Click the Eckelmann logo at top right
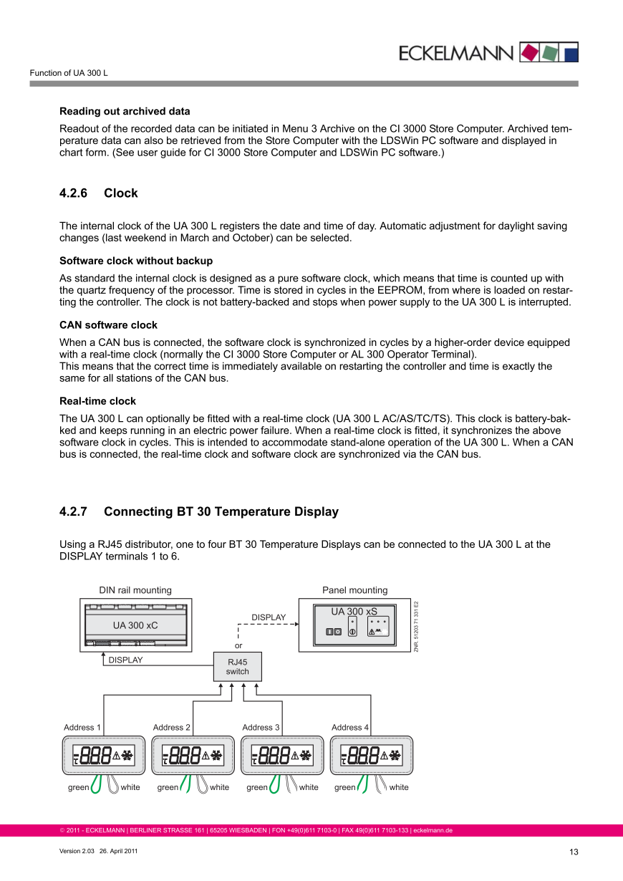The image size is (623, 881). point(488,52)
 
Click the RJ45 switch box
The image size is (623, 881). point(238,667)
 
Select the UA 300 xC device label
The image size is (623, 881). point(135,625)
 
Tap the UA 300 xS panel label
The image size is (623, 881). point(354,612)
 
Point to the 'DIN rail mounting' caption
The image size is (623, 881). point(135,590)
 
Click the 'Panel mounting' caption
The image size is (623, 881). point(354,590)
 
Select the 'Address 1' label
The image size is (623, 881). point(82,727)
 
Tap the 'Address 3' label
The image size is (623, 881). point(261,727)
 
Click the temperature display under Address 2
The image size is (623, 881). point(193,755)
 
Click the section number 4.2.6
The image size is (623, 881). point(73,193)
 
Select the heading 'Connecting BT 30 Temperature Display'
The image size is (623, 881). point(221,511)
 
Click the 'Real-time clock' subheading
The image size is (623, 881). point(97,401)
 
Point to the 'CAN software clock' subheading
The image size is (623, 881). point(108,325)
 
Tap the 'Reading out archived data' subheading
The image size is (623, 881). point(125,111)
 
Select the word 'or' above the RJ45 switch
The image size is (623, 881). point(238,644)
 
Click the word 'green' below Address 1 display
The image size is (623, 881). point(79,787)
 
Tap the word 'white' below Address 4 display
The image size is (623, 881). point(399,787)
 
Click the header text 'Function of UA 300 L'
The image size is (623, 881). point(69,74)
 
